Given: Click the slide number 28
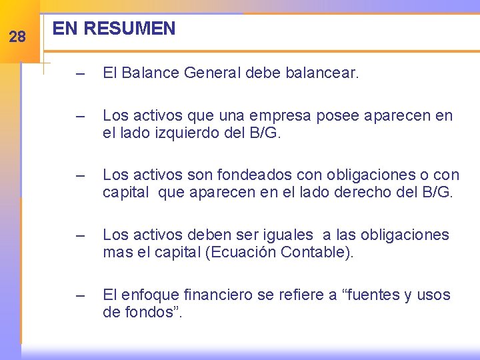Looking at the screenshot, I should click(17, 37).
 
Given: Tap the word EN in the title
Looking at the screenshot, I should click(65, 29).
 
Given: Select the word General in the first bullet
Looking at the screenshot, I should click(209, 73).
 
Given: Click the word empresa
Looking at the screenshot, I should click(263, 116).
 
